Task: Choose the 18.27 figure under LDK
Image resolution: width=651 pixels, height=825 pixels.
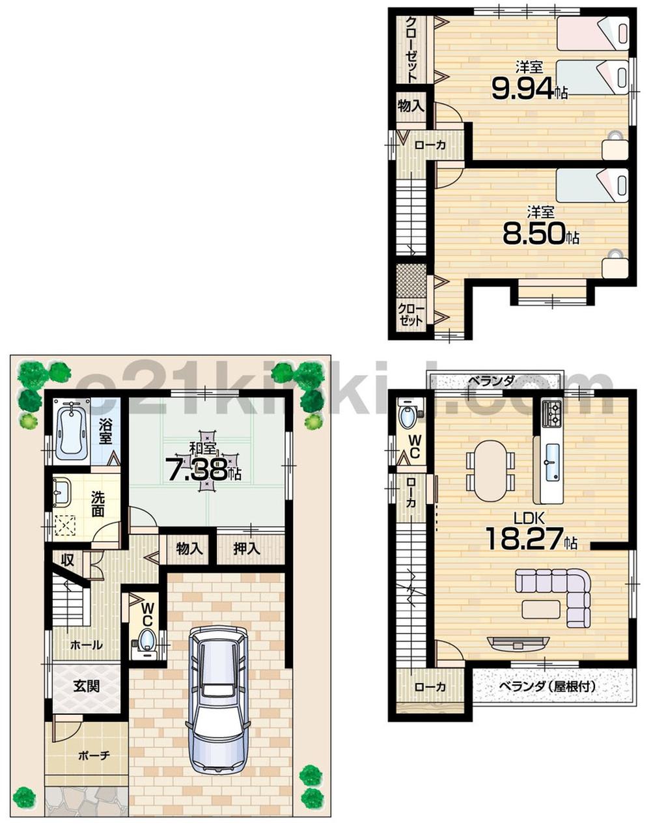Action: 524,539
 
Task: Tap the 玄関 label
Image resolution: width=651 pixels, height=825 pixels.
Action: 86,686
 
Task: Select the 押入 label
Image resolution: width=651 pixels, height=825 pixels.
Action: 247,549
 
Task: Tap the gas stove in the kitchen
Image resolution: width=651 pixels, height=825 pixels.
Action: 551,413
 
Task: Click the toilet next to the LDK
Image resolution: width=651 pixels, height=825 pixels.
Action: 409,415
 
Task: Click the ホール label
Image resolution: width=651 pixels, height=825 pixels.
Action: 86,645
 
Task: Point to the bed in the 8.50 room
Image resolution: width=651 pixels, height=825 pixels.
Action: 592,185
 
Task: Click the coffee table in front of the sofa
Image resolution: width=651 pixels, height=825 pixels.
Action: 540,609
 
